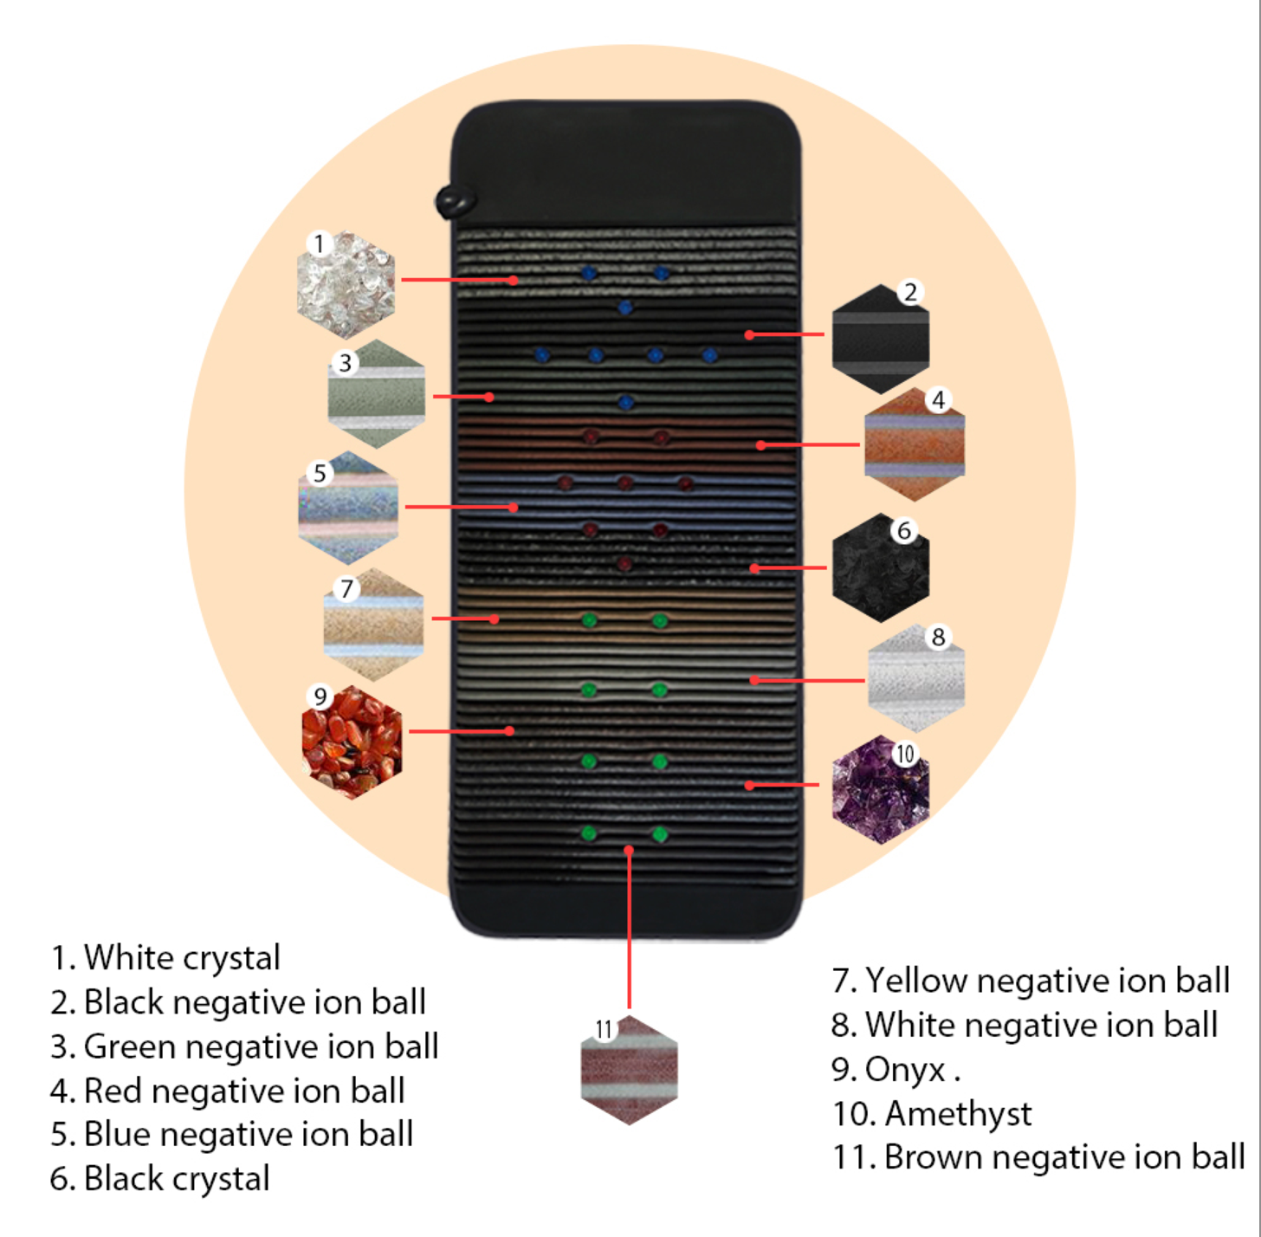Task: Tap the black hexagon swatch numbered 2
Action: click(880, 339)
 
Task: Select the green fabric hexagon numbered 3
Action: click(377, 394)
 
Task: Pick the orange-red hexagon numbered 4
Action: click(915, 444)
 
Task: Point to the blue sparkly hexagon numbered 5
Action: click(348, 508)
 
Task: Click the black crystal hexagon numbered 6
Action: click(880, 568)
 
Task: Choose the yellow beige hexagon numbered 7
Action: click(373, 624)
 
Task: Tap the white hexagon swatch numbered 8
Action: click(916, 678)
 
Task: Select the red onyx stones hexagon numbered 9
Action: click(352, 742)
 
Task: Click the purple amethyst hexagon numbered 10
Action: click(880, 789)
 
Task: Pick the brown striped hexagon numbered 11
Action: click(629, 1070)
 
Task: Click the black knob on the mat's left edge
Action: click(454, 202)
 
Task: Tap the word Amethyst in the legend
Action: click(958, 1114)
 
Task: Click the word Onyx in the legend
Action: click(905, 1070)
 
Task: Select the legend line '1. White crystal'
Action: click(165, 958)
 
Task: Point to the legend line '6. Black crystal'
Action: click(160, 1179)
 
